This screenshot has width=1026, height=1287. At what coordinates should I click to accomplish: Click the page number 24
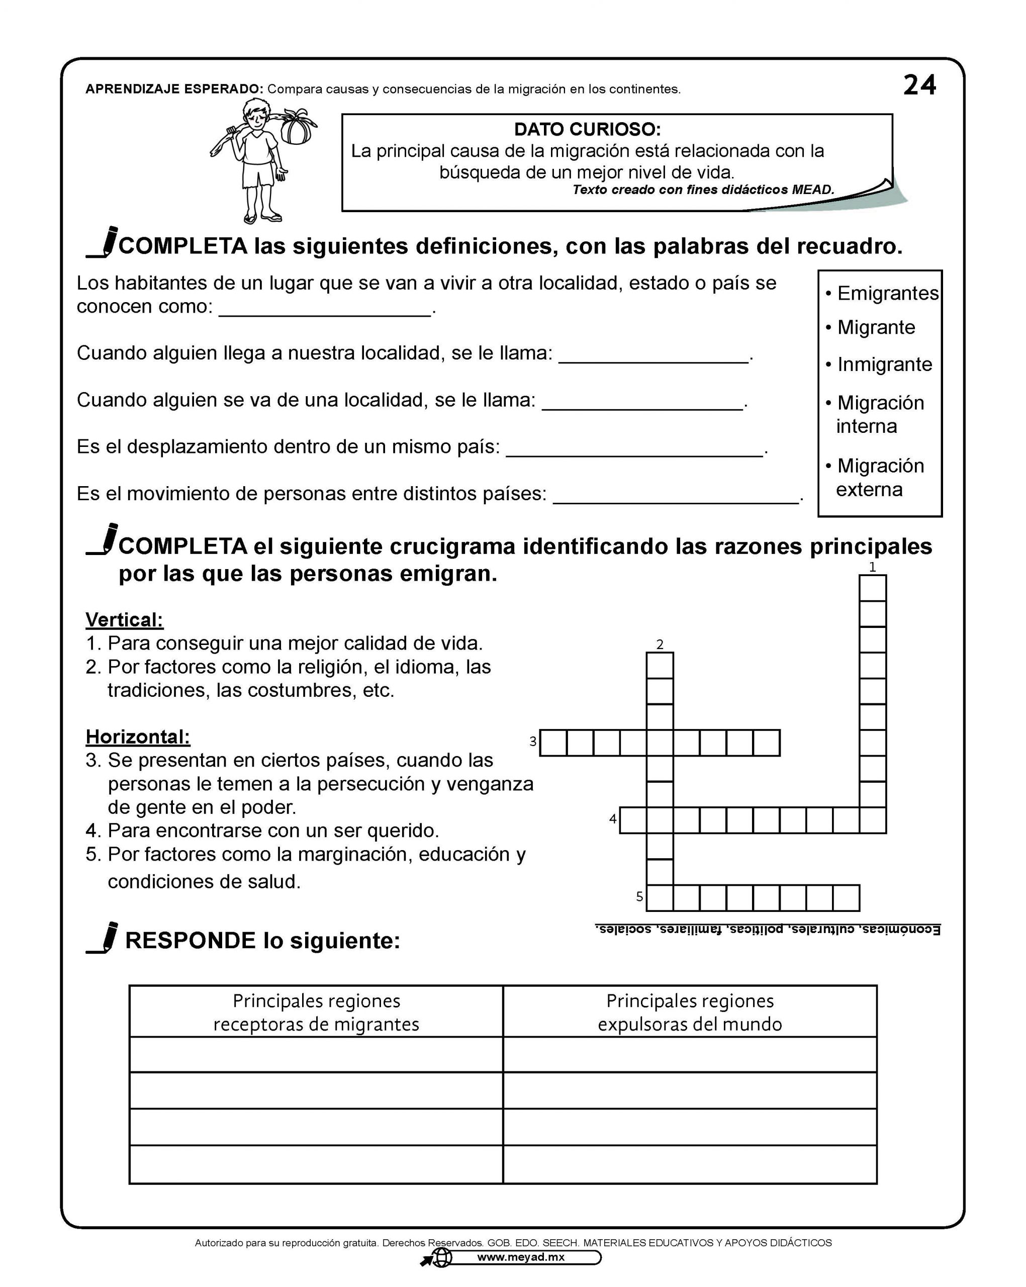919,85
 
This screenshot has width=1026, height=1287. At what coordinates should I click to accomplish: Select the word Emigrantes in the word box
888,293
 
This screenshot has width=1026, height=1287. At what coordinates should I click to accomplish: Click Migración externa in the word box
880,477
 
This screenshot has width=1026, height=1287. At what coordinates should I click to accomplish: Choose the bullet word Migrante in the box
876,327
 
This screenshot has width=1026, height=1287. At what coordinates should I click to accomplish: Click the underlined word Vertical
124,620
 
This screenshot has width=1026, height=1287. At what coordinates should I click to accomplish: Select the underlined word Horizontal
138,737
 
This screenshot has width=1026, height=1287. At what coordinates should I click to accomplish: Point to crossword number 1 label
872,567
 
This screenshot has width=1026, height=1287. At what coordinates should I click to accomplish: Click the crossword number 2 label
660,644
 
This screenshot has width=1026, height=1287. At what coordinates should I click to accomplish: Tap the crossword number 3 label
532,742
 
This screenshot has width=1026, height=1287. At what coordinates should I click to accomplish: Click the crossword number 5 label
639,896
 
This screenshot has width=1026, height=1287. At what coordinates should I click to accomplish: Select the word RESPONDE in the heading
190,941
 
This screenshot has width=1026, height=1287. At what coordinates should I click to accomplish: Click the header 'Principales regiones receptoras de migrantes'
316,1013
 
